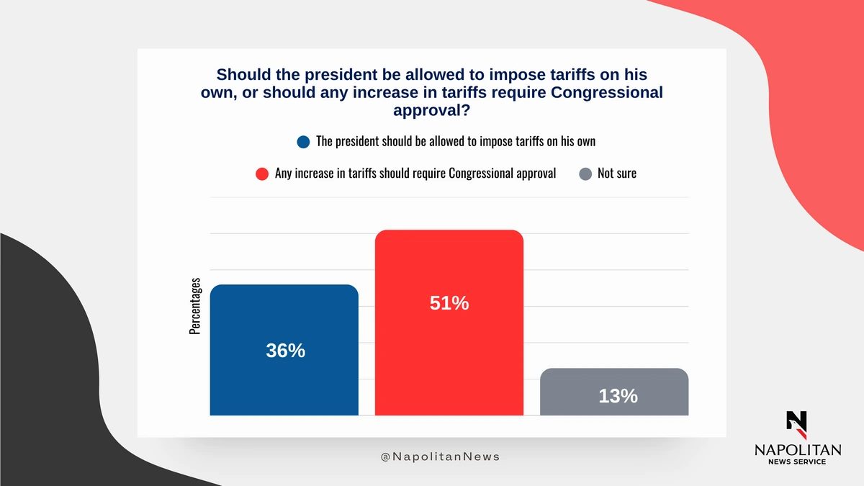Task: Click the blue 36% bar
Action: [x=284, y=350]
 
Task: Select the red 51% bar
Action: [x=449, y=323]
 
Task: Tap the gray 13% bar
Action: [x=614, y=392]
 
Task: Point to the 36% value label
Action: [x=285, y=351]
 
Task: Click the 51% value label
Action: [x=449, y=303]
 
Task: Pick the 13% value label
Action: [x=618, y=396]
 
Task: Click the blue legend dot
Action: [x=303, y=142]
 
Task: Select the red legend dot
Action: [x=262, y=174]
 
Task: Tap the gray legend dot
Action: [x=585, y=174]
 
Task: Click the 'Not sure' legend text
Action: [x=617, y=174]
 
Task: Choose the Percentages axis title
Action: [x=195, y=306]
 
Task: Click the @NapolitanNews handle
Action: [x=440, y=456]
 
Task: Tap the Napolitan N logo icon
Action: [x=797, y=425]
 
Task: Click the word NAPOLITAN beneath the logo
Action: [x=798, y=450]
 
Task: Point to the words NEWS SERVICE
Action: [x=797, y=462]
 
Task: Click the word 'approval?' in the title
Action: [x=431, y=110]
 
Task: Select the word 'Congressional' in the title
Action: [x=607, y=92]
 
